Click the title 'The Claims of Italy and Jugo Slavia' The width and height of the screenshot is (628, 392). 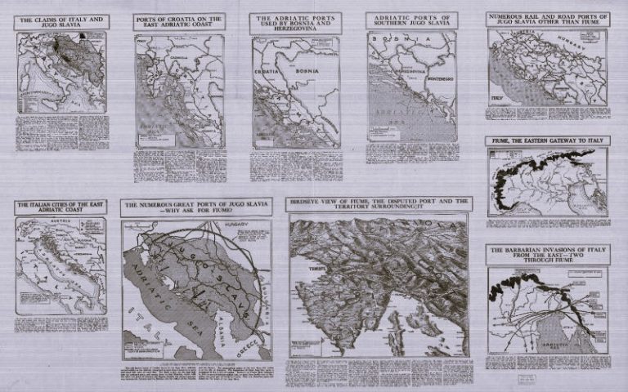coord(62,21)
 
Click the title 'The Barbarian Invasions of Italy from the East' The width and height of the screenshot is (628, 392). coord(547,253)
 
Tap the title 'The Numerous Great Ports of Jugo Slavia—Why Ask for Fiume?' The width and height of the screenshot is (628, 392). coord(196,207)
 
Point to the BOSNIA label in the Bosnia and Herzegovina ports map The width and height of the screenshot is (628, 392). coord(319,70)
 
